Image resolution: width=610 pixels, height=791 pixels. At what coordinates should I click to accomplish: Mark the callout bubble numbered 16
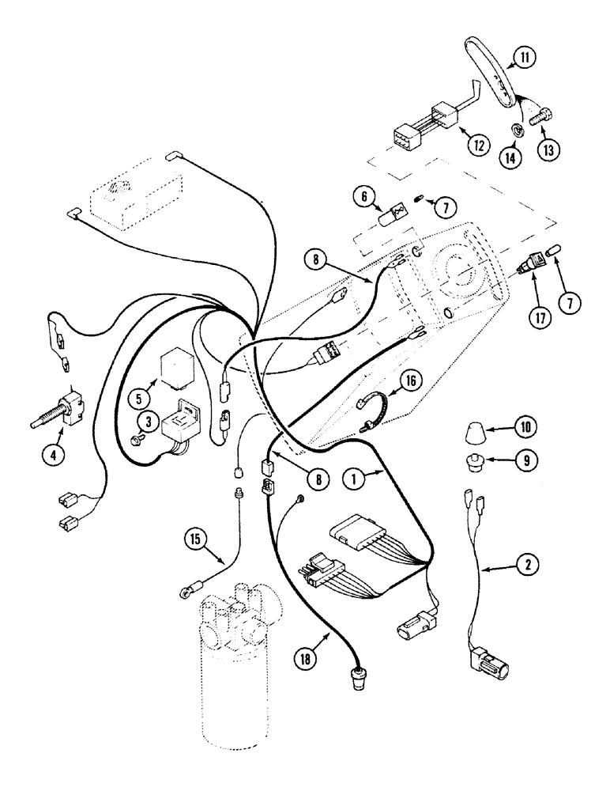410,379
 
